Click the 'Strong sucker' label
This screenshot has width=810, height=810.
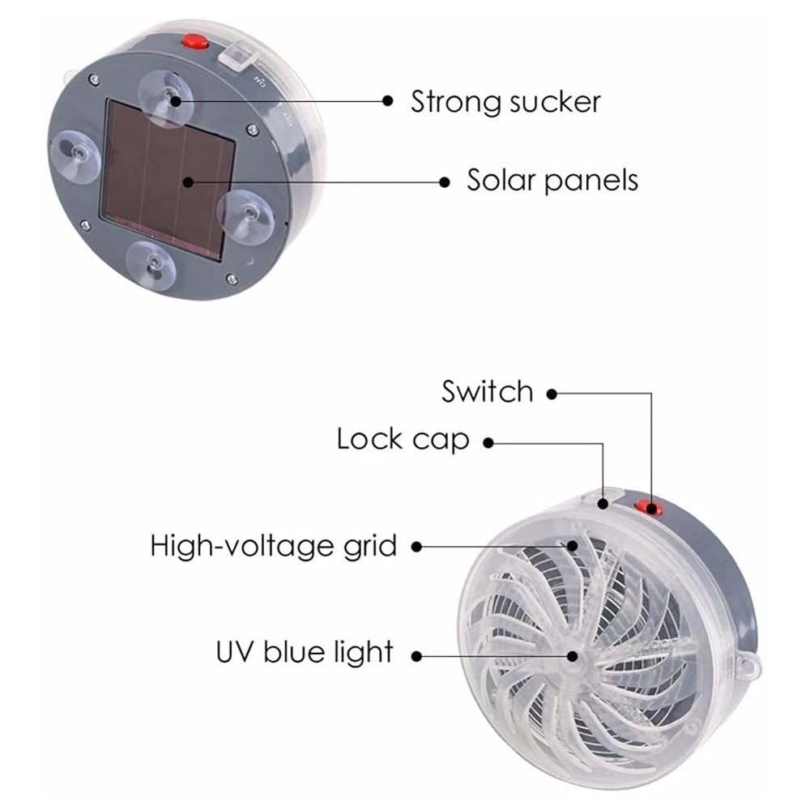[x=505, y=102]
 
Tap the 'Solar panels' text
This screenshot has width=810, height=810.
[x=552, y=180]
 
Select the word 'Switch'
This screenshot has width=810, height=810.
[x=488, y=392]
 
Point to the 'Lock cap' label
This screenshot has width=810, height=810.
[x=403, y=440]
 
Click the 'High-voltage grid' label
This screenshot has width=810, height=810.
[x=274, y=546]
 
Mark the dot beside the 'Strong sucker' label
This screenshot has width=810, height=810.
[x=388, y=102]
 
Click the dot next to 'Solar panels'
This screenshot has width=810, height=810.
[x=444, y=181]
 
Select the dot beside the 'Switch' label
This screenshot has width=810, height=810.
[x=552, y=394]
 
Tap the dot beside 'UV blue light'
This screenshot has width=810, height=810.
[x=417, y=654]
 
